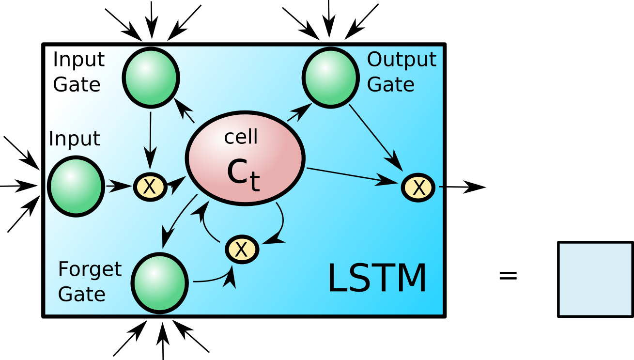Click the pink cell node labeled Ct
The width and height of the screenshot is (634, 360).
coord(245,158)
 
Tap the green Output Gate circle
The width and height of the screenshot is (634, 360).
coord(331,78)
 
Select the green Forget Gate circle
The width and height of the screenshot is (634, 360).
coord(159,283)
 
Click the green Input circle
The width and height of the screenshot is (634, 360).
coord(76,186)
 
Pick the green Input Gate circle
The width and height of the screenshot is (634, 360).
coord(151,77)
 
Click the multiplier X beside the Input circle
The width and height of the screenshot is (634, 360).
coord(150,187)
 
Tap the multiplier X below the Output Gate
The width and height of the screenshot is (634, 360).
coord(418,188)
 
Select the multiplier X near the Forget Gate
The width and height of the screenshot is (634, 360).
coord(242,250)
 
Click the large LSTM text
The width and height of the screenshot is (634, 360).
coord(377,279)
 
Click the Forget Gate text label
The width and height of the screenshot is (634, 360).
coord(89,282)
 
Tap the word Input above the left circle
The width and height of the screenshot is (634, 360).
coord(74,139)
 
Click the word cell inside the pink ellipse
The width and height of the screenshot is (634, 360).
coord(241,137)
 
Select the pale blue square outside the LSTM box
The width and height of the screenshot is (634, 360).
coord(595,279)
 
